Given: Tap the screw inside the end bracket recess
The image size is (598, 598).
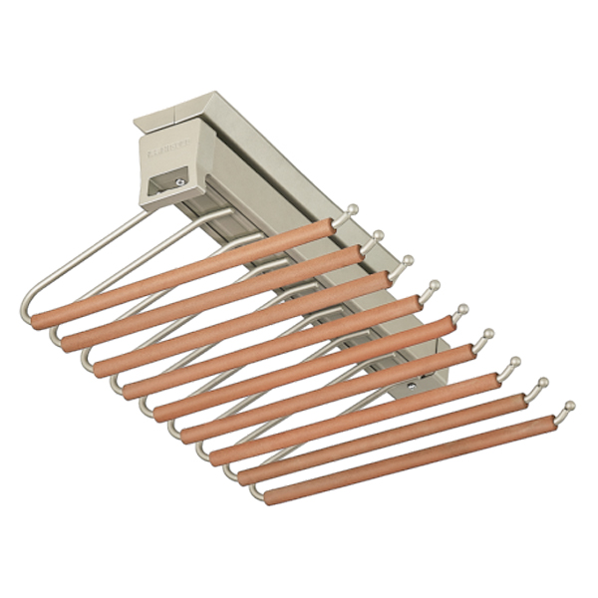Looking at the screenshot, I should click(177, 181).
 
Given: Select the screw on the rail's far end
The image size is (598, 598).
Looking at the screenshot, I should click(412, 383).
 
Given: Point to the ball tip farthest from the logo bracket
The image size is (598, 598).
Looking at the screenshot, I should click(569, 406).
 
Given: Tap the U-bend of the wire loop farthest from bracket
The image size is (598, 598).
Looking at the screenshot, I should click(257, 492).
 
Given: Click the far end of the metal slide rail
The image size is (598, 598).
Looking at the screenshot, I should click(424, 379).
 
